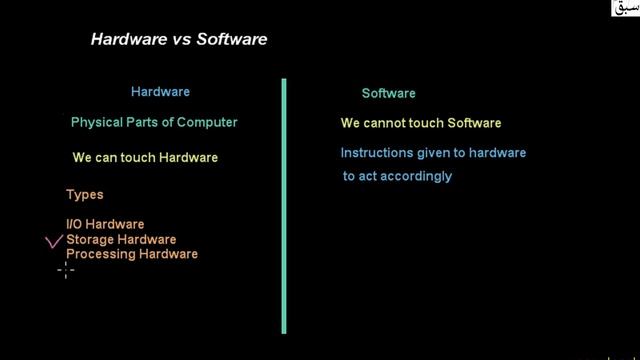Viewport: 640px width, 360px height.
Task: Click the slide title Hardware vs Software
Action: [x=179, y=40]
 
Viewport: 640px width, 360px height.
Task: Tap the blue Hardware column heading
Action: [x=160, y=92]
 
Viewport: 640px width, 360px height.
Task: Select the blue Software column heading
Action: [x=388, y=94]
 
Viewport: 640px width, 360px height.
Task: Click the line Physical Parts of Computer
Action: [x=154, y=123]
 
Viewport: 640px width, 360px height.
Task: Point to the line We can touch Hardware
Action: [x=145, y=158]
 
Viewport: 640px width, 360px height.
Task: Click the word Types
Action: [x=85, y=195]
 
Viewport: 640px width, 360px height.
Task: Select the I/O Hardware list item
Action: [x=105, y=224]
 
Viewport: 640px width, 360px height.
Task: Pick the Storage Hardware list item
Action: [x=121, y=239]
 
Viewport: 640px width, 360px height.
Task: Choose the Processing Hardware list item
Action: [x=132, y=254]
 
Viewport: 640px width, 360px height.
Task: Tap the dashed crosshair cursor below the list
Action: [x=66, y=269]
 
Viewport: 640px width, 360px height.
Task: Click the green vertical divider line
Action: [x=284, y=205]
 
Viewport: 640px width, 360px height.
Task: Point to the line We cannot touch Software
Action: [x=420, y=124]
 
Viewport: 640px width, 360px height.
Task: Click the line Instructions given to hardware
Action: [x=433, y=153]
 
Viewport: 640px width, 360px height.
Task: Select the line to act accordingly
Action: [x=398, y=176]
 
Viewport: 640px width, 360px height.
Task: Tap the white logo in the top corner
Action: [x=624, y=10]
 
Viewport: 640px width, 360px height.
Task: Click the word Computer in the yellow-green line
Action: [x=209, y=123]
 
